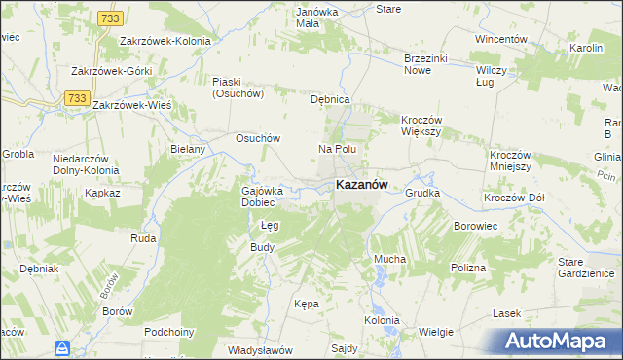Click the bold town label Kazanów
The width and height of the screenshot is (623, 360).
(362, 184)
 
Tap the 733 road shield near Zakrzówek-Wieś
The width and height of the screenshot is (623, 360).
(76, 97)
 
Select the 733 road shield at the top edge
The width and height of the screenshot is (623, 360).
(110, 18)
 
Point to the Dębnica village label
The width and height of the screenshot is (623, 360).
(329, 100)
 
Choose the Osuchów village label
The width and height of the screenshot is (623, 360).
(258, 138)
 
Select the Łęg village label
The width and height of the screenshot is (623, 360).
(271, 225)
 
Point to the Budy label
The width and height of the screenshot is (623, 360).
(263, 247)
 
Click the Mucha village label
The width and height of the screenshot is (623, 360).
(389, 260)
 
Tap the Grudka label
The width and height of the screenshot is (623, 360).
(422, 193)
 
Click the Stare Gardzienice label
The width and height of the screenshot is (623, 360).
(583, 268)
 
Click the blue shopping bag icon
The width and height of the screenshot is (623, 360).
(62, 347)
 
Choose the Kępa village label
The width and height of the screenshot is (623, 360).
(306, 304)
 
